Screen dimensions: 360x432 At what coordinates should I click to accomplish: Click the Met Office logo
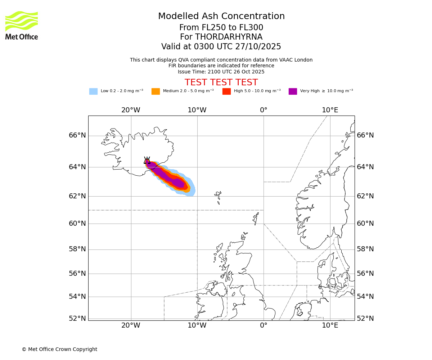tap(22, 25)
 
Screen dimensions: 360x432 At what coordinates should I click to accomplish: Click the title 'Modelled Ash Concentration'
tap(221, 16)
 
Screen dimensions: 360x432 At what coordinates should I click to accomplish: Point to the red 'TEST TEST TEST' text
tap(221, 82)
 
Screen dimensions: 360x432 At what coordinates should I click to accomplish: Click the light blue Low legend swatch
tap(93, 91)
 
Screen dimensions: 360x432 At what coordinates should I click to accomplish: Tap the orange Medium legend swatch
tap(156, 91)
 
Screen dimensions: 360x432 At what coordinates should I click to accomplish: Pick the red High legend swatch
tap(226, 91)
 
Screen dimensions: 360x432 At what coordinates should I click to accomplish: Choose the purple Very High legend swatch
tap(293, 91)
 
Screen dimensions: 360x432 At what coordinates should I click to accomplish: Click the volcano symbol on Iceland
tap(147, 161)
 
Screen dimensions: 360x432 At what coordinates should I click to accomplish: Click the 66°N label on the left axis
tap(77, 135)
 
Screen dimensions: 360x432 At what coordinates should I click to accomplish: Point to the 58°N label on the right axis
tap(365, 249)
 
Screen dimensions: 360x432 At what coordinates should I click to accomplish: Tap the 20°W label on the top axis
tap(131, 110)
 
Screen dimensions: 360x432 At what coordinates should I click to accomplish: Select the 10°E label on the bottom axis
tap(330, 325)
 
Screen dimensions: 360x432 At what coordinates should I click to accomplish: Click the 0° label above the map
tap(264, 110)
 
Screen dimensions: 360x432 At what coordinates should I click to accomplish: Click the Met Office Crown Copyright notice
tap(59, 349)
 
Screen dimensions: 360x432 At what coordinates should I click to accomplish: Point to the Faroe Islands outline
tap(218, 197)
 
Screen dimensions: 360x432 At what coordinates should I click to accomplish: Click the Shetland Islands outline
tap(256, 217)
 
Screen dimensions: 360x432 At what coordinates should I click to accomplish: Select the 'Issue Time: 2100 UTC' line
tap(221, 72)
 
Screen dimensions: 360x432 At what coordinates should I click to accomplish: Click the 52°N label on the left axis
tap(77, 318)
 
